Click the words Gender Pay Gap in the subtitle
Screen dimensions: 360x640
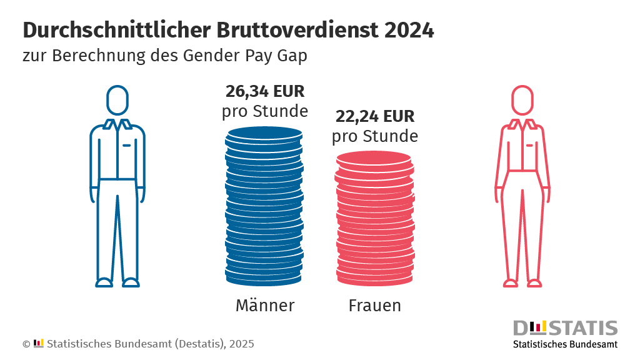246,56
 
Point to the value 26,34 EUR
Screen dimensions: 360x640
265,92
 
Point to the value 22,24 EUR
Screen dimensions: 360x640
375,116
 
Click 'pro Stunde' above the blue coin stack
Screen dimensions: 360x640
265,112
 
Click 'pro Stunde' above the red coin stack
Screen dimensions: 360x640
375,136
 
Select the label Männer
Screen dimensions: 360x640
265,306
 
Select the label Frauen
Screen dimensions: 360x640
375,306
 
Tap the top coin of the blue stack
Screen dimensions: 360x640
265,134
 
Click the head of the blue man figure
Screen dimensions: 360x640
117,100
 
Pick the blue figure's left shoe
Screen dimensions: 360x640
104,282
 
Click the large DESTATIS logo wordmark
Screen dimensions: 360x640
565,328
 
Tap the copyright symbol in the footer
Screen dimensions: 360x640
26,344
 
